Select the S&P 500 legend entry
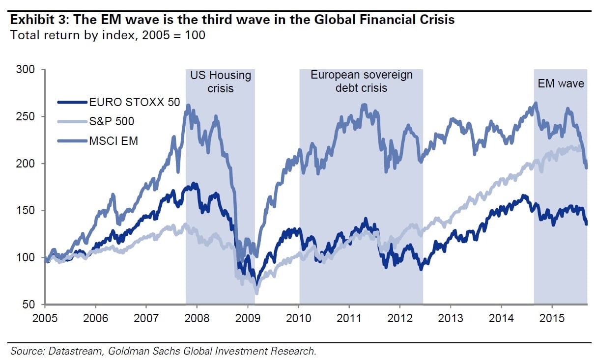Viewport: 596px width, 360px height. pos(112,121)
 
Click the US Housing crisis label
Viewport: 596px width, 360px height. pos(221,82)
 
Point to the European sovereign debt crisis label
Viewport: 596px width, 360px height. pos(361,82)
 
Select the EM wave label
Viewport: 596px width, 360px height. pos(560,83)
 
